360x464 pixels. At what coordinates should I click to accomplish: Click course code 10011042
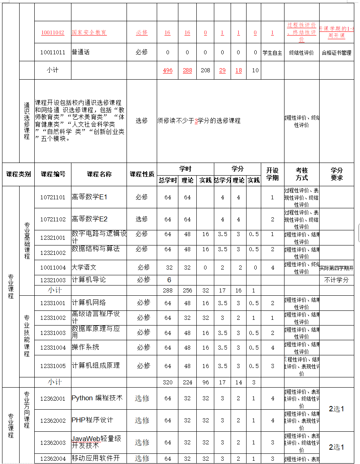pos(53,33)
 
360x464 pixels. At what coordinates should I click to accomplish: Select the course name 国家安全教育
pos(89,33)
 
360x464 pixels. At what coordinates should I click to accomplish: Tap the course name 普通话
pos(80,52)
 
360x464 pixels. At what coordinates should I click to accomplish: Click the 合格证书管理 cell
pos(337,53)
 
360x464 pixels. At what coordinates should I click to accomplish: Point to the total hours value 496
pos(167,70)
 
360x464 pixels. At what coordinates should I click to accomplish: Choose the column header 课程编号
pos(53,174)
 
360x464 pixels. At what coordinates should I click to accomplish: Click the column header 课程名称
pos(99,174)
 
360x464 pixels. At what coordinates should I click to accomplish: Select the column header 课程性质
pos(142,174)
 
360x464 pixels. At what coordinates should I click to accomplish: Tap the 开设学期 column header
pos(272,174)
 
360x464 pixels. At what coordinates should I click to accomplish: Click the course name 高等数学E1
pos(89,197)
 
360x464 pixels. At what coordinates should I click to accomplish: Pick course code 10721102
pos(53,219)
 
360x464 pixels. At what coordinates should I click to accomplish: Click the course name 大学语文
pos(84,268)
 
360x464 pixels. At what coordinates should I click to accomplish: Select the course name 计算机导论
pos(89,280)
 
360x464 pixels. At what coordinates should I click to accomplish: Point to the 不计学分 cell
pos(336,280)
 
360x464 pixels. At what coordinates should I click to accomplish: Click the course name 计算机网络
pos(89,302)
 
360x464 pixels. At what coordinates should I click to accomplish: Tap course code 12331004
pos(53,348)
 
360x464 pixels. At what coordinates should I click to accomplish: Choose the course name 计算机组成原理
pos(96,366)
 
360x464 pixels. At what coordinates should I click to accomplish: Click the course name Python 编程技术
pos(97,398)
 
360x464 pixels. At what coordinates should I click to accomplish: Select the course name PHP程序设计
pos(92,420)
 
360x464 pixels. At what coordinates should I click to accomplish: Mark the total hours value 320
pos(168,382)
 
